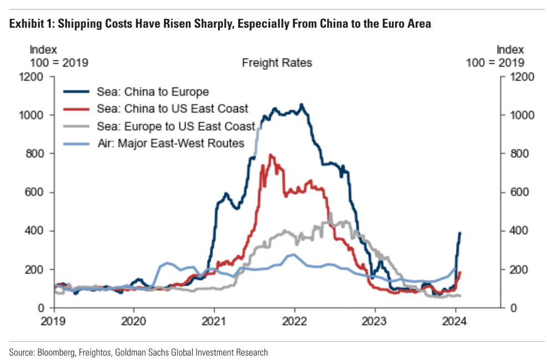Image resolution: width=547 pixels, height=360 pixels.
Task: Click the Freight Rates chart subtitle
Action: point(277,63)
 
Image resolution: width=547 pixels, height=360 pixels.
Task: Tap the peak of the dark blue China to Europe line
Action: point(301,104)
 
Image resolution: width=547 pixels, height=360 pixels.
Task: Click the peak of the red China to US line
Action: point(271,155)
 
